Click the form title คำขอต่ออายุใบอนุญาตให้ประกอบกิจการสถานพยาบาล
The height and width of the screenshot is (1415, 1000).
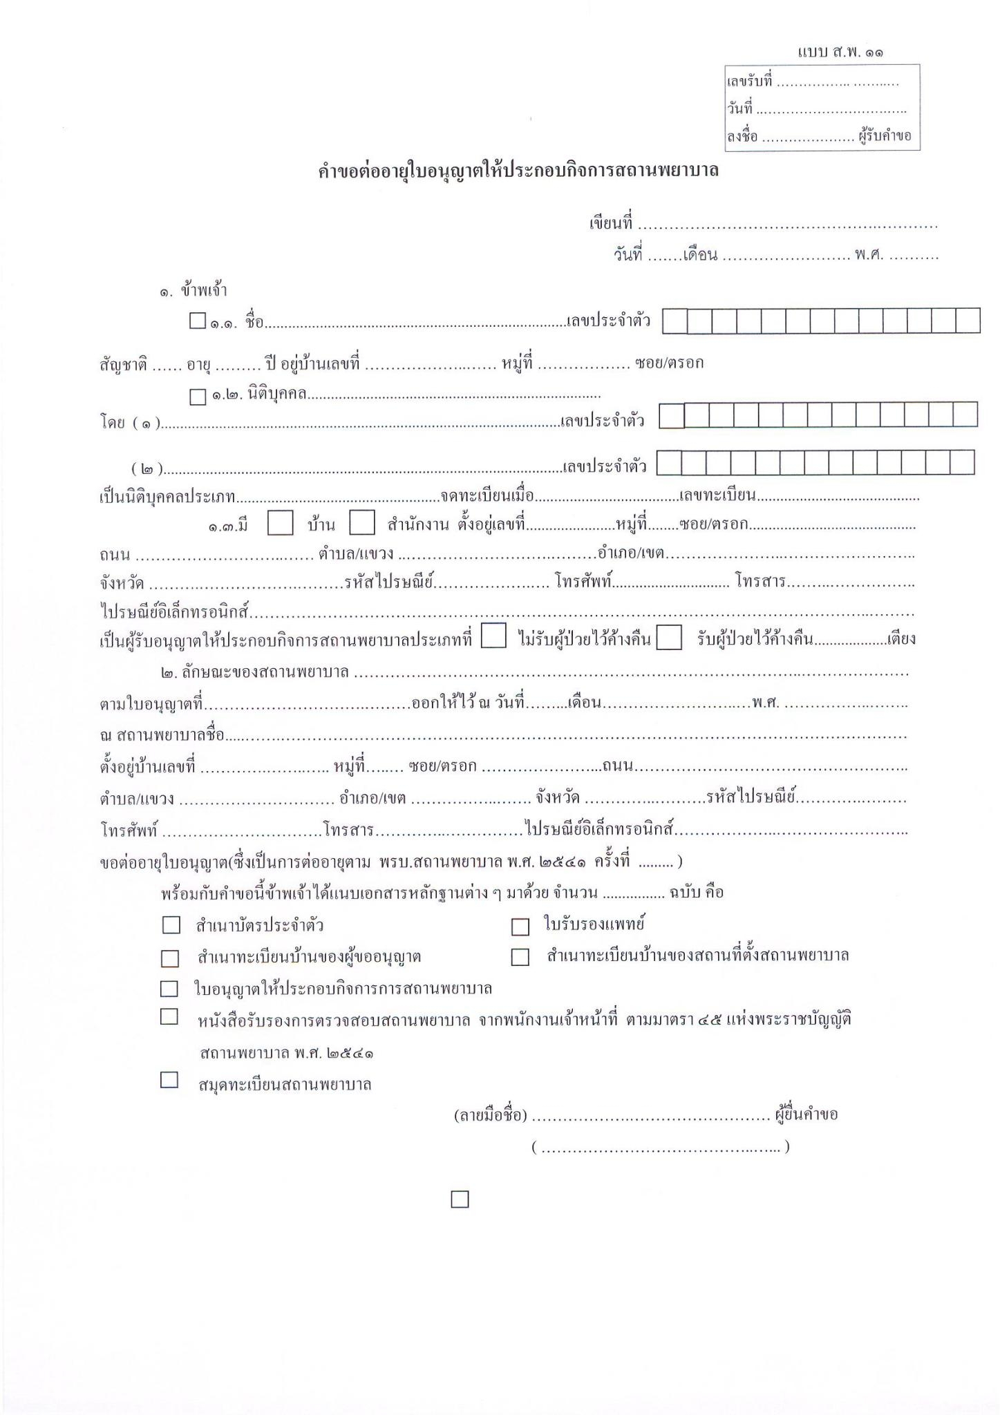point(518,171)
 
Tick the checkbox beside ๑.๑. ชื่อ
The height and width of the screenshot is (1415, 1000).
point(198,321)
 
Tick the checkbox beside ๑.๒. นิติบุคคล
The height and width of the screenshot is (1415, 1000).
point(198,397)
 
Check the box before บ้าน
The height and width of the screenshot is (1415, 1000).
point(280,523)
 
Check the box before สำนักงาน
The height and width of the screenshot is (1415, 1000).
point(362,523)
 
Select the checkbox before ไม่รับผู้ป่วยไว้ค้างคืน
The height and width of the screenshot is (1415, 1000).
point(493,636)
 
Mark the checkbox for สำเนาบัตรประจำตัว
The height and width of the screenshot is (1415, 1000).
point(170,924)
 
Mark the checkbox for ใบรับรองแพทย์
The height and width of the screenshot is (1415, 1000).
point(520,927)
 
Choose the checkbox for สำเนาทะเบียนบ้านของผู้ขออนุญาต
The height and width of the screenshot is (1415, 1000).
point(170,958)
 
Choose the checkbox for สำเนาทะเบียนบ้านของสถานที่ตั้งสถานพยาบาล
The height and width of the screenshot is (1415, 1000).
point(520,957)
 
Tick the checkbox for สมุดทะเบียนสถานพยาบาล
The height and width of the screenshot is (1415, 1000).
point(169,1080)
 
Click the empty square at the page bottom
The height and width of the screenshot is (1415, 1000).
point(460,1199)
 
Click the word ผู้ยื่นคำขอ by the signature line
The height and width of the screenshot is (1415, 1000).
point(806,1114)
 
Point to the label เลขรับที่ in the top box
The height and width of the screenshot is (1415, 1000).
point(748,82)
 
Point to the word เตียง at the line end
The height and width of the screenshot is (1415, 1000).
point(902,639)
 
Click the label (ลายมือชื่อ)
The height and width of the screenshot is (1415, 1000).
point(491,1115)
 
